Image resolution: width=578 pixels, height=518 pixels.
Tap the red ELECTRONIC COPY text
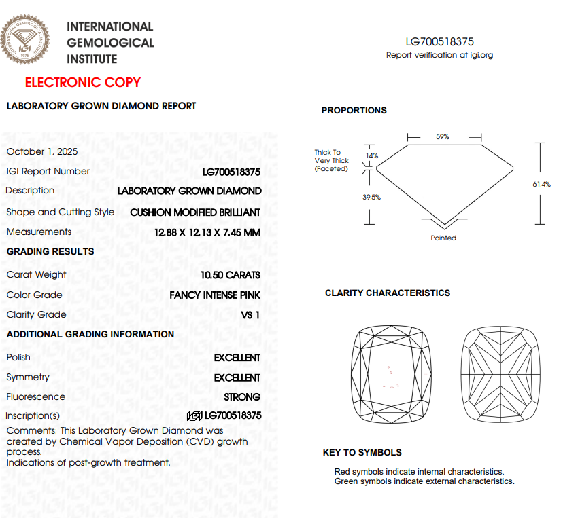point(83,83)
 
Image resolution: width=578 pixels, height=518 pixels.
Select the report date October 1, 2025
point(42,151)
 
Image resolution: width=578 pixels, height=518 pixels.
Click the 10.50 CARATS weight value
point(231,275)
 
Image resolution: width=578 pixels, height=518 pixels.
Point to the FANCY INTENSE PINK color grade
point(215,295)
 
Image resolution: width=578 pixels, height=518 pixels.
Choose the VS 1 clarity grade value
point(251,315)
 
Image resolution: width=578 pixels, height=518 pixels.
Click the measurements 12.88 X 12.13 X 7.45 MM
point(207,232)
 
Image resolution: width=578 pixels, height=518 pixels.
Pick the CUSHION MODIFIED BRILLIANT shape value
point(195,212)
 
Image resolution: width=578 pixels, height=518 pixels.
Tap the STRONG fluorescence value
point(242,397)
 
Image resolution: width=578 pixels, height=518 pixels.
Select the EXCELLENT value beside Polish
point(237,358)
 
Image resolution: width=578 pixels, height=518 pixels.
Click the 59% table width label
point(442,137)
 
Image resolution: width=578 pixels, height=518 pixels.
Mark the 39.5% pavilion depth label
point(371,198)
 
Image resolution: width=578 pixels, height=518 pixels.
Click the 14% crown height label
point(371,155)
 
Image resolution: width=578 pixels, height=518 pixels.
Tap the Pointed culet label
point(443,238)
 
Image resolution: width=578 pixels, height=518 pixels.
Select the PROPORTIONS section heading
point(354,111)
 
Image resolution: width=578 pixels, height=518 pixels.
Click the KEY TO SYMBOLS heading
point(362,453)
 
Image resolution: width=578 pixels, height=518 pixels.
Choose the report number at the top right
point(439,42)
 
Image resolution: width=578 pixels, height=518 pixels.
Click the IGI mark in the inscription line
point(194,415)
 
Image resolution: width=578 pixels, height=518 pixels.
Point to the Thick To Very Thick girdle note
point(331,161)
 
